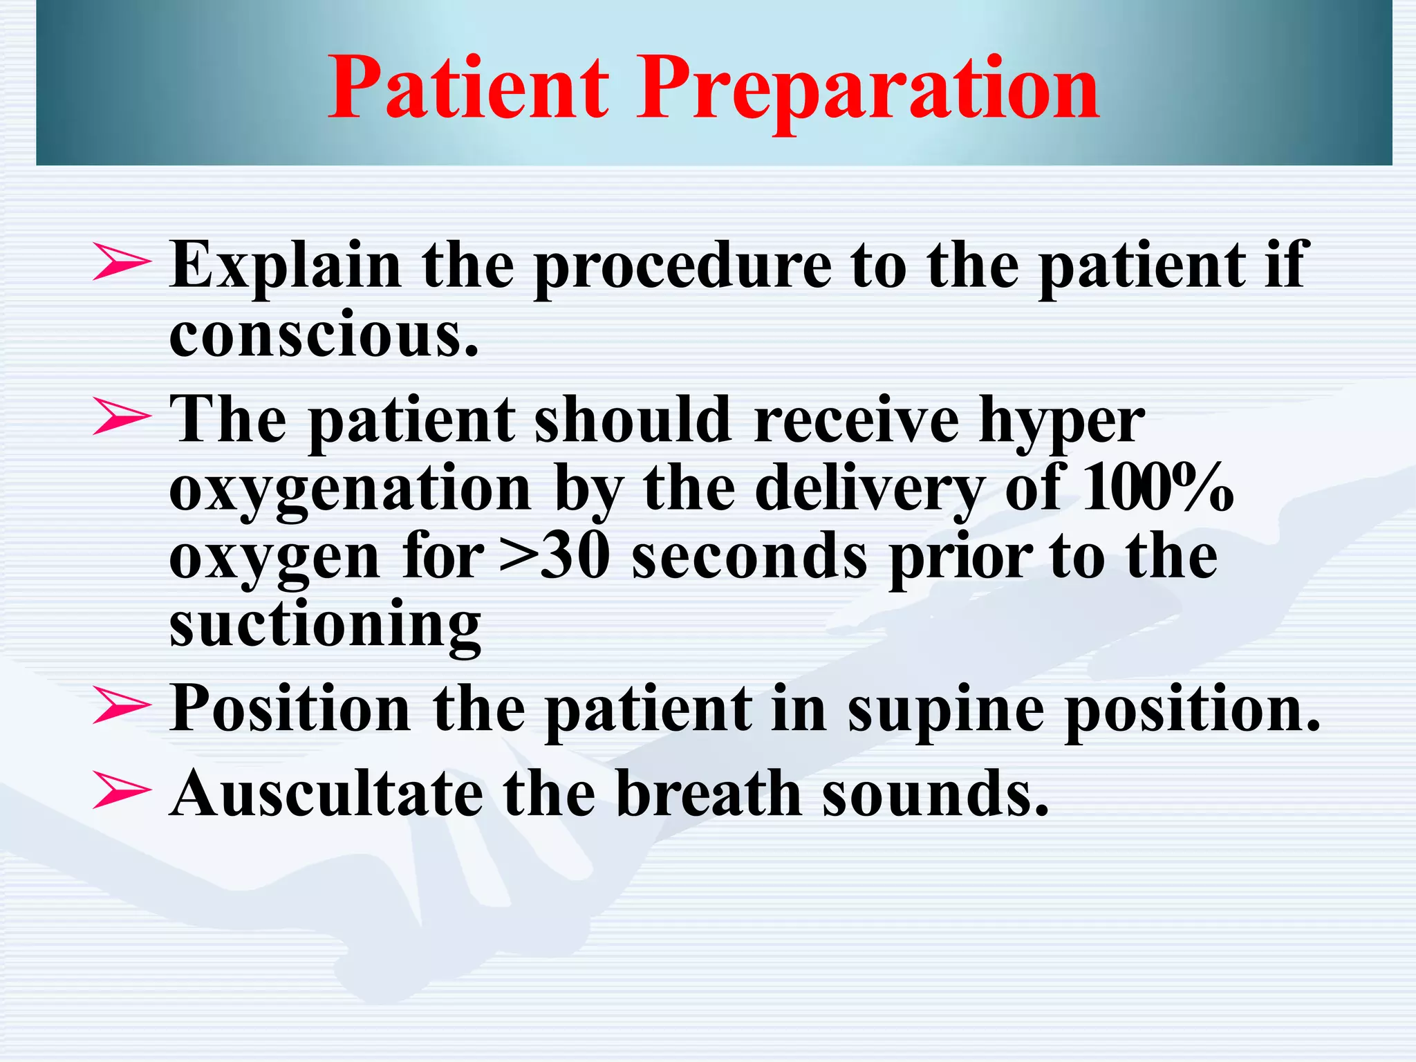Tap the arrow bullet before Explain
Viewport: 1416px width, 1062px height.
coord(121,263)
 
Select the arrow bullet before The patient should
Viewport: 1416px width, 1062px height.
coord(121,418)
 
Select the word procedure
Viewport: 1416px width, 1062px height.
coord(683,267)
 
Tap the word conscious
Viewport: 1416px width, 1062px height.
coord(324,335)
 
